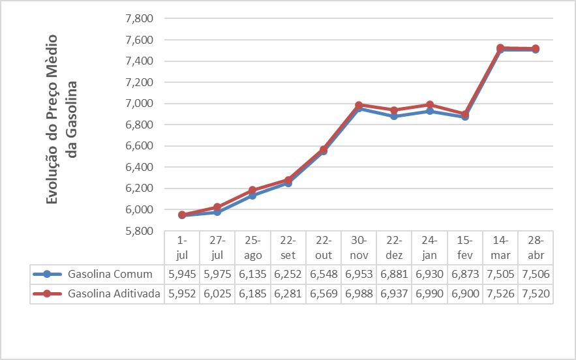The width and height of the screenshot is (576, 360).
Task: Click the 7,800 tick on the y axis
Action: coord(138,18)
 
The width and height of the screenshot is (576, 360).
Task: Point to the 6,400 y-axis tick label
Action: coord(138,167)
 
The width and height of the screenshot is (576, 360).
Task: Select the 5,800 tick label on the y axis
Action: coord(138,231)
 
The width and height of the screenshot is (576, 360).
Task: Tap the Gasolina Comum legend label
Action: coord(110,275)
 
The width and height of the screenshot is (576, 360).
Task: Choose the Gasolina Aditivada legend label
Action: coord(114,294)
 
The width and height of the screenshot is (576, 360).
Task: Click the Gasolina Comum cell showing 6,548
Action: coord(324,275)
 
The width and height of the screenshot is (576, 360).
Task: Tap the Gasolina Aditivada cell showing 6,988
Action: coord(359,294)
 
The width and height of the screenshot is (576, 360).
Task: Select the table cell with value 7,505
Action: coord(500,275)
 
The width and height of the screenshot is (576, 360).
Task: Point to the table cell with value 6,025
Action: coord(217,294)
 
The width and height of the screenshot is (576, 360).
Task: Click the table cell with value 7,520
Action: coord(536,294)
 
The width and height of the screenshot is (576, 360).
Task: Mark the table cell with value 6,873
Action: coord(465,275)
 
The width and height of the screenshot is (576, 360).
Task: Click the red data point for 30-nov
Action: coord(359,105)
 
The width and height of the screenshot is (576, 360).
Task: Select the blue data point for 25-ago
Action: coord(252,196)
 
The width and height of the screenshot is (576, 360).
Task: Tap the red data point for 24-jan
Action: coord(429,105)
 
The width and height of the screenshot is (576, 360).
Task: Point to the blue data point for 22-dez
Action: coord(394,116)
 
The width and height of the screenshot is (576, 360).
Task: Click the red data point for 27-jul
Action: coord(217,207)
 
